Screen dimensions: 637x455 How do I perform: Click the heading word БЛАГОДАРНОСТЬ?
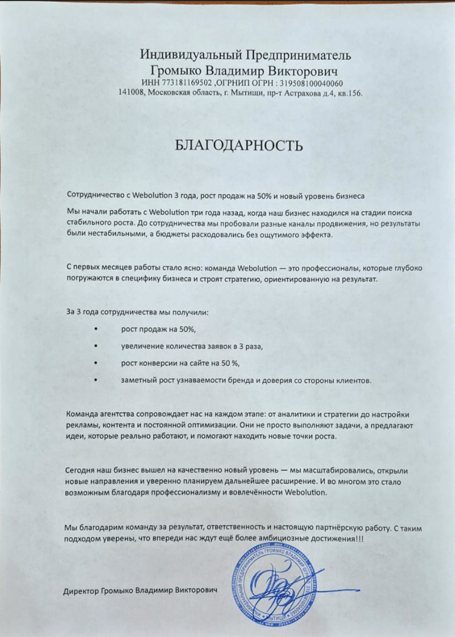point(239,146)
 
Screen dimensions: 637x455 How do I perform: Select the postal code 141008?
point(131,93)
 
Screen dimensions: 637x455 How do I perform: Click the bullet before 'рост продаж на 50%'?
point(95,329)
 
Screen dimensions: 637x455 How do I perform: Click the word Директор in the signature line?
point(81,590)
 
